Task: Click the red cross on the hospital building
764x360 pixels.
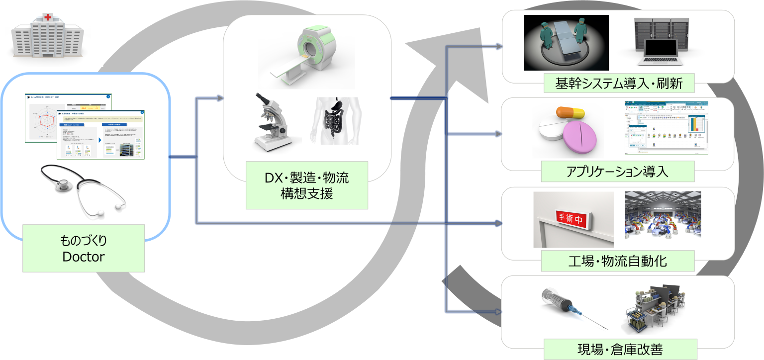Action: pos(48,17)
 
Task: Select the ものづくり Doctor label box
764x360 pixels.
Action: pos(83,248)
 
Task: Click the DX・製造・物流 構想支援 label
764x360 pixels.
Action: pos(306,185)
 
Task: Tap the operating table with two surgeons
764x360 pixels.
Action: pos(566,42)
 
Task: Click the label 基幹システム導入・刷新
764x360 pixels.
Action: pos(618,83)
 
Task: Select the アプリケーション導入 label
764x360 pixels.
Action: pos(617,172)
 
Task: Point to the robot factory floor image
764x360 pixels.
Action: pos(663,219)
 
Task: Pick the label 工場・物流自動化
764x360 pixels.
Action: pos(617,261)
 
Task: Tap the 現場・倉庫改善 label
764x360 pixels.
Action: pos(617,349)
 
